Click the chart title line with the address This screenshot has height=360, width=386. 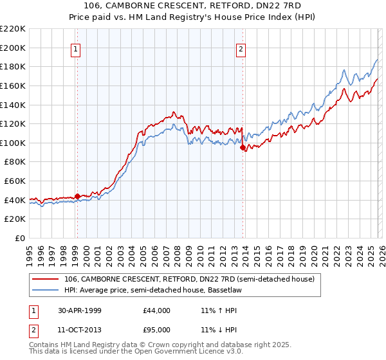coord(193,6)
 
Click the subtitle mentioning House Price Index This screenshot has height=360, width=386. coord(193,17)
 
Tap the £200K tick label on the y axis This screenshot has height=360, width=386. coord(13,48)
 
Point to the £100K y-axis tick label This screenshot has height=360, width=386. coord(13,143)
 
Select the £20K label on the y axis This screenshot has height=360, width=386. coord(15,219)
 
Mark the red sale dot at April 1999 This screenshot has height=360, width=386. coord(77,196)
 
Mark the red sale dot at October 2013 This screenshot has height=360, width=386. coord(243,147)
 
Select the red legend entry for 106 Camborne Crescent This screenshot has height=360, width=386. coord(189,279)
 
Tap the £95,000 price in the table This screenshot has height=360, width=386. coord(156,330)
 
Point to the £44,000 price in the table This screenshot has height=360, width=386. coord(156,310)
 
